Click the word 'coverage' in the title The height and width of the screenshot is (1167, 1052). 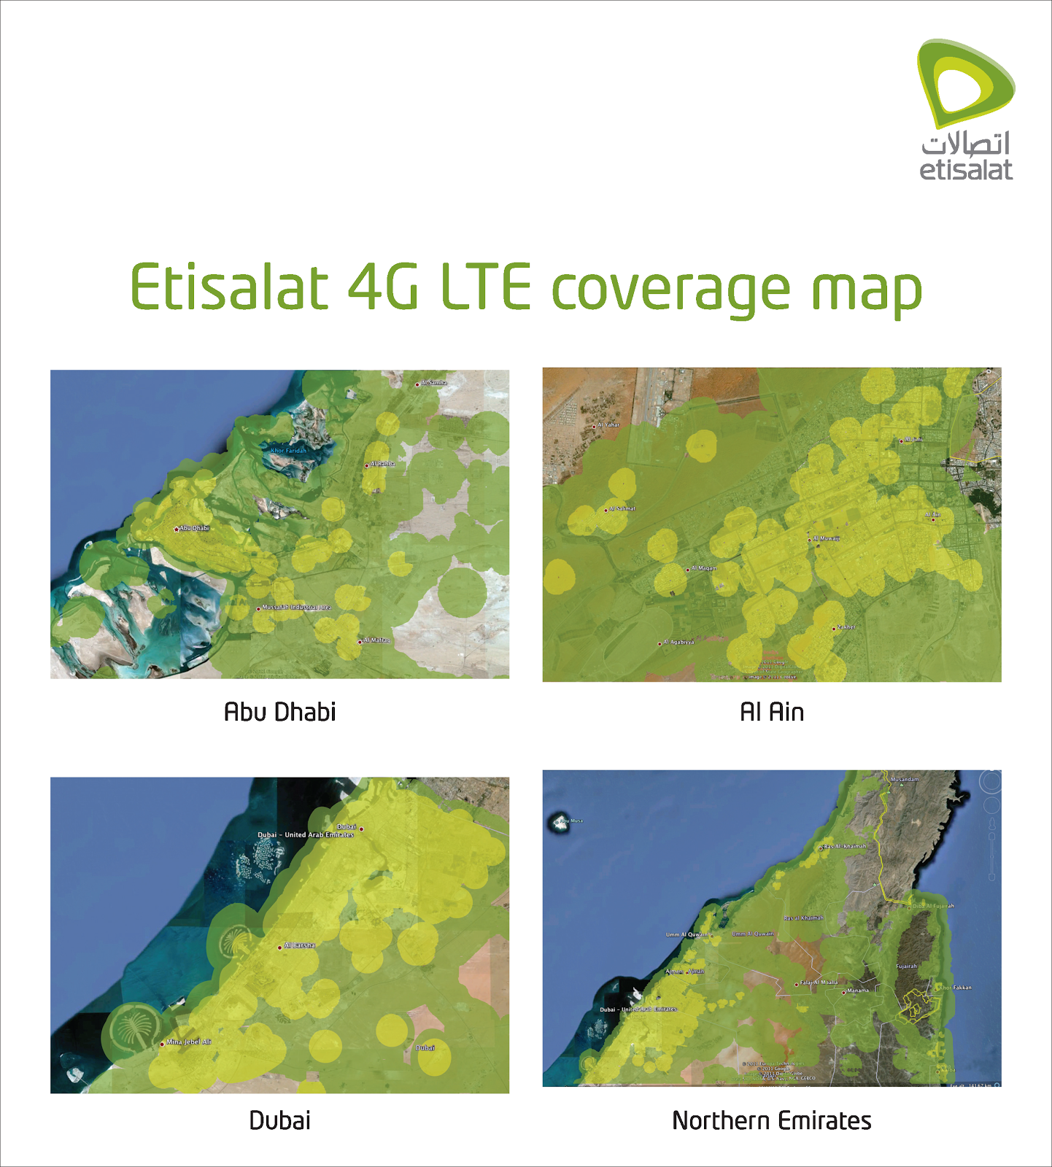(670, 288)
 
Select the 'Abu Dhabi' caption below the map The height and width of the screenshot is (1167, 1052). (280, 712)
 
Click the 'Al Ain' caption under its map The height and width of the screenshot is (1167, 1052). (772, 712)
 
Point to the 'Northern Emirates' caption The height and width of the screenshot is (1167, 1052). (771, 1120)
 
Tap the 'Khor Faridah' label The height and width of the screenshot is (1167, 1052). (289, 451)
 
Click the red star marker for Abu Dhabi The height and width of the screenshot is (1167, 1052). (177, 530)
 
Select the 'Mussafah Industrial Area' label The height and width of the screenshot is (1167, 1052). (296, 607)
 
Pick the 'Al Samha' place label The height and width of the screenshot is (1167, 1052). (434, 382)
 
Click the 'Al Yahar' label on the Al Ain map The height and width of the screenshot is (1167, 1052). (608, 424)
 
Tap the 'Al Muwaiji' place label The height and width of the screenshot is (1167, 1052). (827, 538)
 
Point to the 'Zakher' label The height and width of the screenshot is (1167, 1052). (846, 627)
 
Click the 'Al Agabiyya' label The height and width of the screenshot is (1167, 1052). (678, 642)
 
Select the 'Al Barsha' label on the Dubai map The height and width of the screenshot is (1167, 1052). (299, 945)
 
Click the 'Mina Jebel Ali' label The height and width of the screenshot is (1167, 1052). (188, 1042)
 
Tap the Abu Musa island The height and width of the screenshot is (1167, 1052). (560, 823)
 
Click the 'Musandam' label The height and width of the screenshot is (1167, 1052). (905, 779)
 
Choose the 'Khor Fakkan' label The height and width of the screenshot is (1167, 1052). (956, 988)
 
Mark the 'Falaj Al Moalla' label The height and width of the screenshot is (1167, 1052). (819, 982)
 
